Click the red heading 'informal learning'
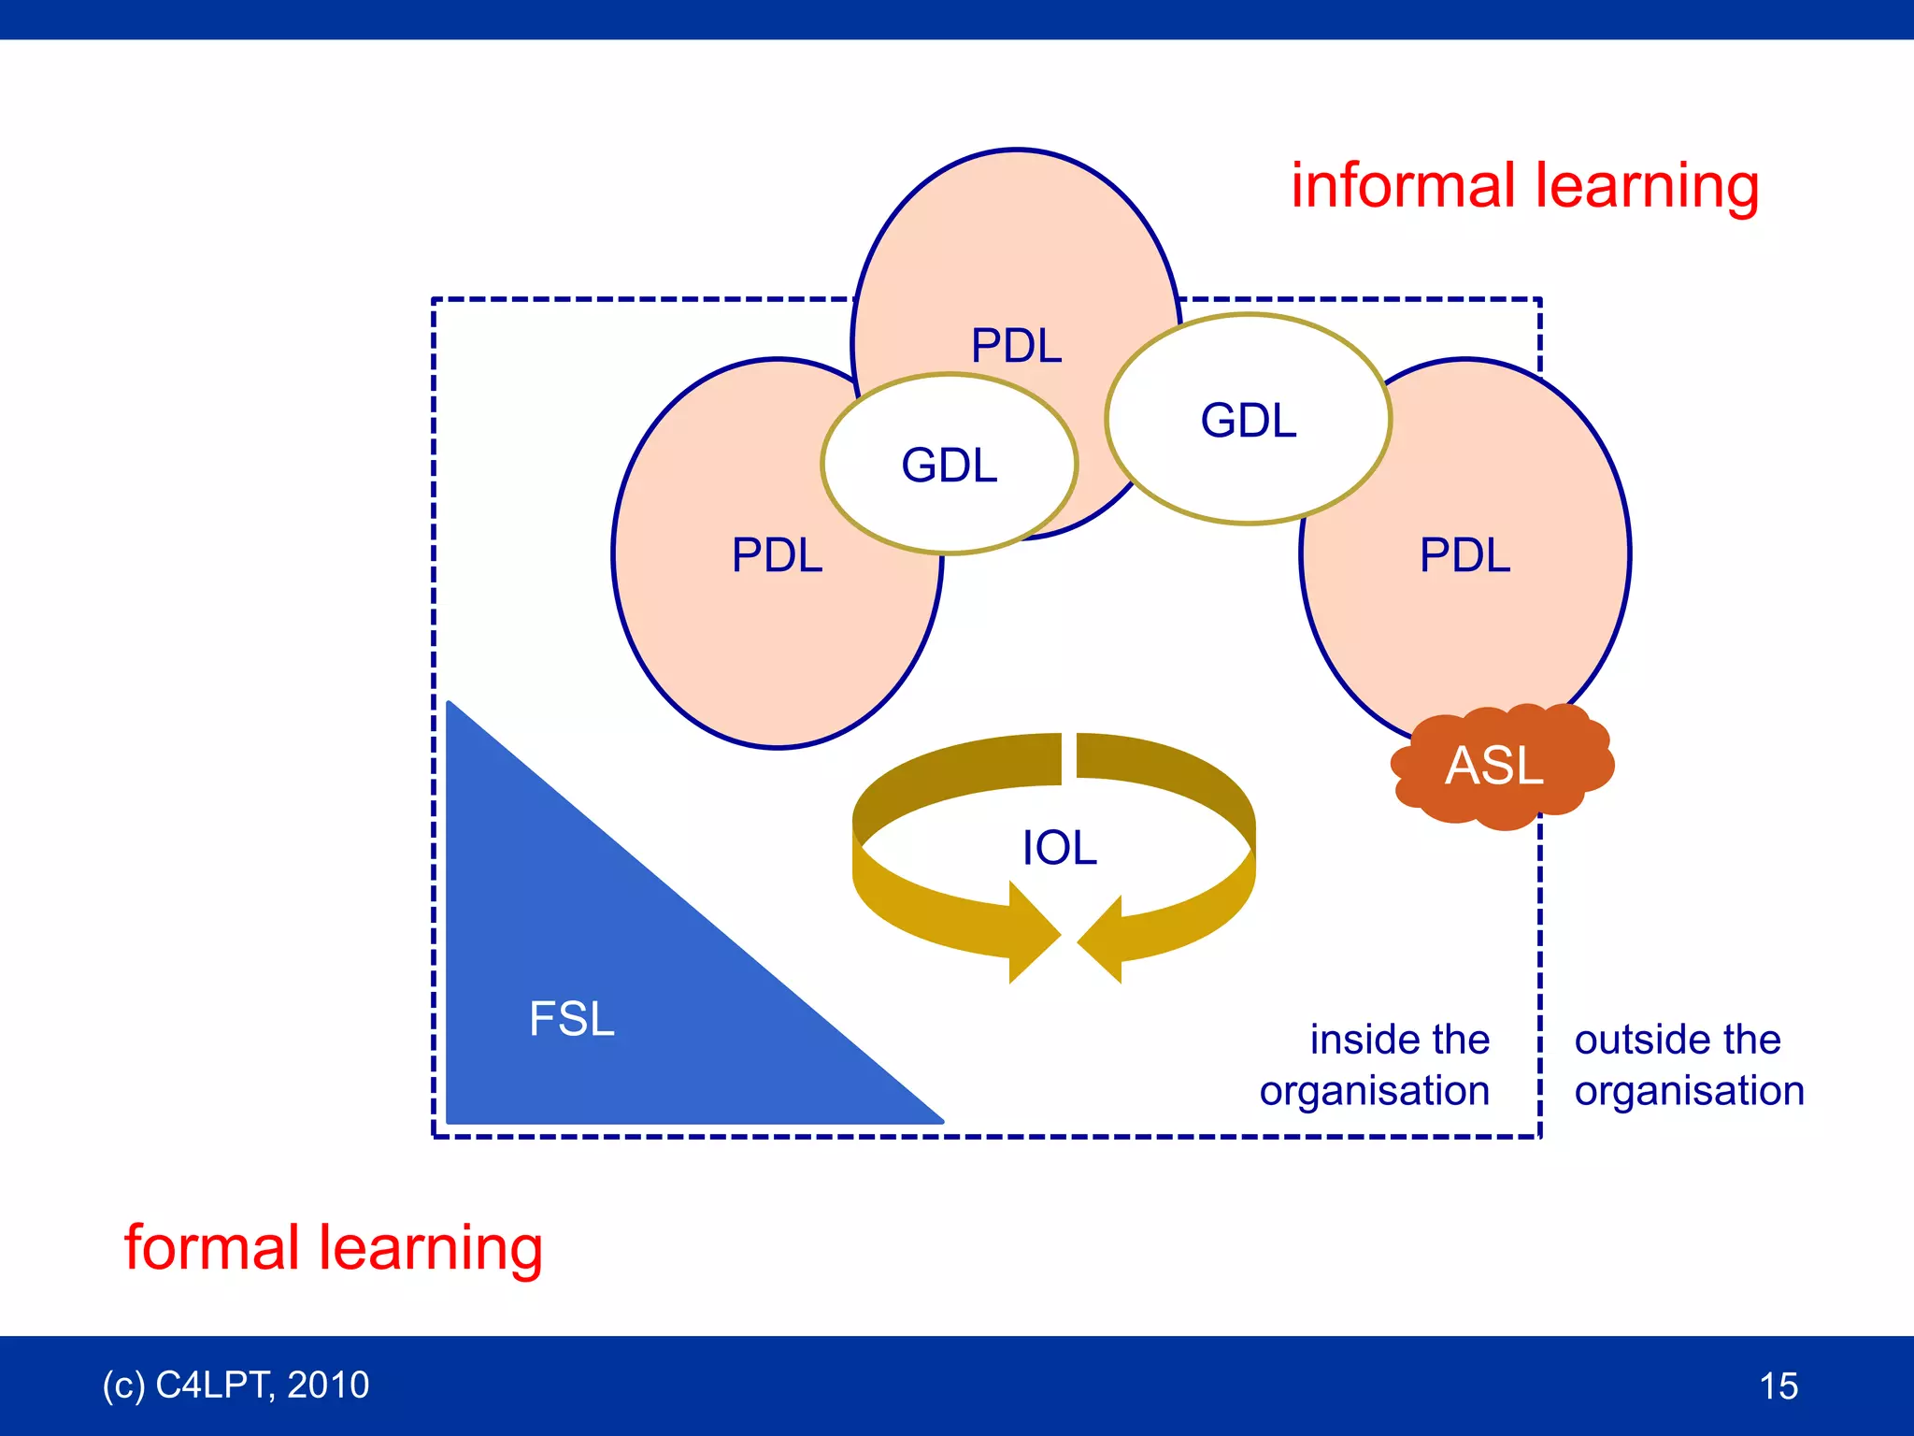(x=1524, y=185)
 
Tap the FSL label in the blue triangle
(x=571, y=1018)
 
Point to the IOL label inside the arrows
(x=1059, y=848)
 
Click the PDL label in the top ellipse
(x=1016, y=345)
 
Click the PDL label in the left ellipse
(x=777, y=554)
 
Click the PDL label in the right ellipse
(x=1464, y=554)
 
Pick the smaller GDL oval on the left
(x=949, y=465)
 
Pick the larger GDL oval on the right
(x=1248, y=420)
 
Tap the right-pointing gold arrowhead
(x=1034, y=932)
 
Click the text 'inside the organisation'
(x=1375, y=1065)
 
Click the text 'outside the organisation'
(x=1688, y=1065)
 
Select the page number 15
(x=1778, y=1386)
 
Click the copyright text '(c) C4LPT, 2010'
(x=236, y=1385)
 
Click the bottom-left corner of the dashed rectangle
(x=435, y=1136)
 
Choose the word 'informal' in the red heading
(x=1402, y=185)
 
